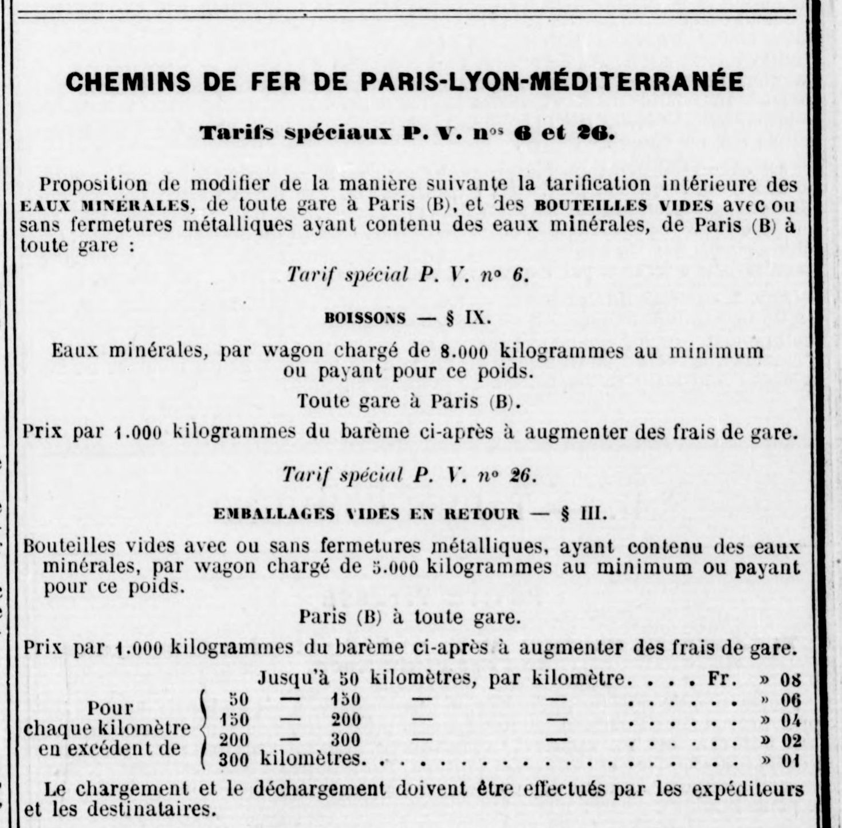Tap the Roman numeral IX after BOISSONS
point(478,317)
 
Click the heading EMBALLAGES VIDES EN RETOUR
point(366,513)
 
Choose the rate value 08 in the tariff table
point(790,680)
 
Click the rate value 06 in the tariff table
point(790,700)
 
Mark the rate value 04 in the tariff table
point(790,720)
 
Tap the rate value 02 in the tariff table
point(790,740)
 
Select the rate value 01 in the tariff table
point(790,762)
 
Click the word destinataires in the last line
point(153,810)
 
